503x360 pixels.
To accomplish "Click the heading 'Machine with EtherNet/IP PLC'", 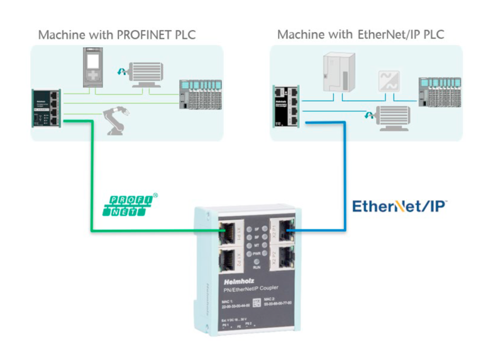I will (x=360, y=34).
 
